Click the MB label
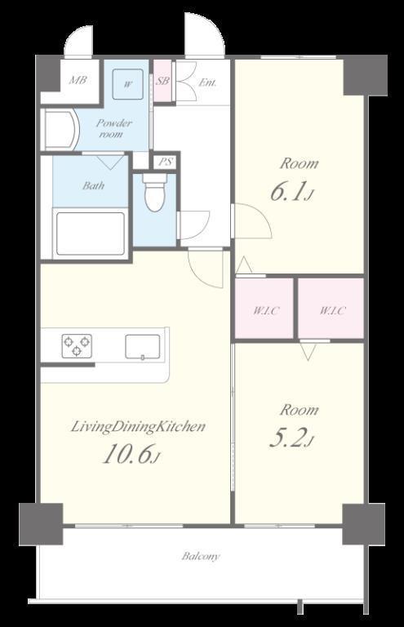pos(78,80)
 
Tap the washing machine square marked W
pos(128,84)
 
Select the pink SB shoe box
pos(162,81)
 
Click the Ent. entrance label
pos(208,82)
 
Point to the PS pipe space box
pos(166,162)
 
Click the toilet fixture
pos(155,192)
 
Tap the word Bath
pos(94,185)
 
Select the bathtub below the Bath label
pos(91,234)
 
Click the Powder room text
pos(113,128)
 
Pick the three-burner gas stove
pos(77,346)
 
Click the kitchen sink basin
pos(143,346)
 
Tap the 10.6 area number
pos(132,455)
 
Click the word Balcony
pos(201,556)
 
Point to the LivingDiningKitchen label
pos(138,427)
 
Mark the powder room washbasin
pos(60,130)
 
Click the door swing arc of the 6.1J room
pos(260,216)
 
